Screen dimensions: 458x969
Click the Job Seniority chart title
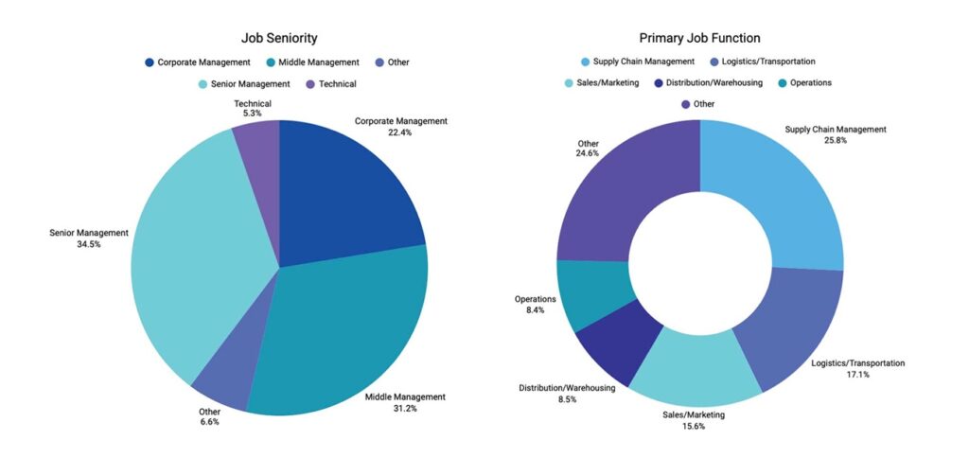278,39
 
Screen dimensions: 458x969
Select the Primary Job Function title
699,39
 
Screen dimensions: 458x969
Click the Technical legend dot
308,84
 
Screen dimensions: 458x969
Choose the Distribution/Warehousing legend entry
708,82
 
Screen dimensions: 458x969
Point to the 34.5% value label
89,244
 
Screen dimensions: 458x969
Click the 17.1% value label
858,375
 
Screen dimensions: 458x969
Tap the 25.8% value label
836,141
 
